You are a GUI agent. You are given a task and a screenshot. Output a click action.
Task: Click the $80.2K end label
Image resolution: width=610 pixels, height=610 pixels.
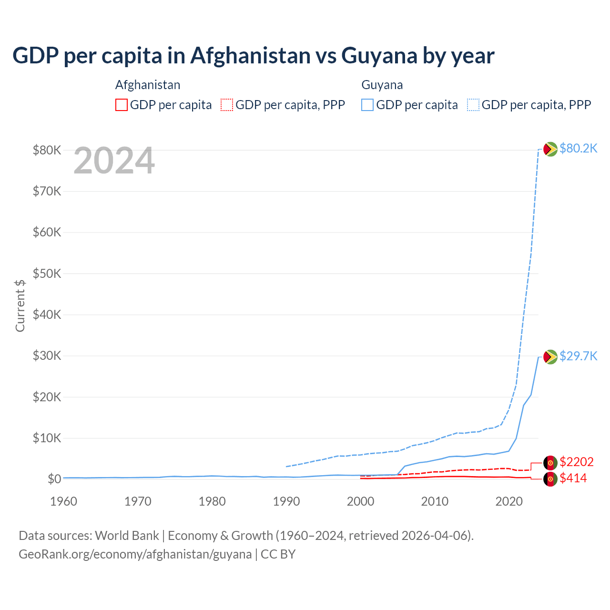[578, 149]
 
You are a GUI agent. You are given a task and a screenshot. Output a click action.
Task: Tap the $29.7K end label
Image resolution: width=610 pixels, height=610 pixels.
[578, 356]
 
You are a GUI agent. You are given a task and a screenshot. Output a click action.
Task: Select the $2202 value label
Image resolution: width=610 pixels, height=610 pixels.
[577, 462]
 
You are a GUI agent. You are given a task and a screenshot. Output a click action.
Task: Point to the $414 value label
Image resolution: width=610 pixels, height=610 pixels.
[573, 478]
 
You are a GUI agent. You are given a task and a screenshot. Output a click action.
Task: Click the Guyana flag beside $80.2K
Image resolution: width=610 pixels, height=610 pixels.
[550, 149]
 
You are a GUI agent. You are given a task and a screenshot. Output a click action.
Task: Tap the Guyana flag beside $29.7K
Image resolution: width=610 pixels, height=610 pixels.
[550, 357]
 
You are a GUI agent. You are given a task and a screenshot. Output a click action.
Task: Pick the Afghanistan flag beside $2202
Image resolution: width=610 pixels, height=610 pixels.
[550, 462]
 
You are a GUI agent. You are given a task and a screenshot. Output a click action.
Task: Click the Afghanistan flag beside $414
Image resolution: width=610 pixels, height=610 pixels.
[550, 479]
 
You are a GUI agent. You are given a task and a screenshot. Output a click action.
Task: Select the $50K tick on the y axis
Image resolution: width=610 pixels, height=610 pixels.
[47, 274]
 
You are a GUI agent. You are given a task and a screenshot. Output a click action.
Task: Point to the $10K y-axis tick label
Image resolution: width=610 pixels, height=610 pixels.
[47, 438]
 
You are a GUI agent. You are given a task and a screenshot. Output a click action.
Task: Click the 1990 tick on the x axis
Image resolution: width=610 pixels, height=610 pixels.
[286, 501]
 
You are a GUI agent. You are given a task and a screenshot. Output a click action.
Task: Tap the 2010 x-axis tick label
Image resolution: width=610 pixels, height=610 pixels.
[435, 501]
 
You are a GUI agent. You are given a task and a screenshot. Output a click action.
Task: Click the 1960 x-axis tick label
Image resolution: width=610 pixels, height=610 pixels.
[64, 501]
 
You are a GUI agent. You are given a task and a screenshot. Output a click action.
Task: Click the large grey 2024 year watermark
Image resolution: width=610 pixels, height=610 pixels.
[114, 161]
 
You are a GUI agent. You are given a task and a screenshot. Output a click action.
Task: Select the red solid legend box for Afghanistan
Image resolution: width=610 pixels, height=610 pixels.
[122, 105]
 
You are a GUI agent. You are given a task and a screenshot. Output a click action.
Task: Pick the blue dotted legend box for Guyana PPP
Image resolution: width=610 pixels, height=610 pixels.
[473, 105]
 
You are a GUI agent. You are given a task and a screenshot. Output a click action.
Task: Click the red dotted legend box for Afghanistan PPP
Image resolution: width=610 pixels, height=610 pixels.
[227, 105]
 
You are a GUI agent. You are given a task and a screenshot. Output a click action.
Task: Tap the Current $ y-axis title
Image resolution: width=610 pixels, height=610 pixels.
[20, 305]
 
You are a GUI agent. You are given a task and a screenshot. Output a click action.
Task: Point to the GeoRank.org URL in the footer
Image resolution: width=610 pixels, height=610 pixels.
[135, 554]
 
